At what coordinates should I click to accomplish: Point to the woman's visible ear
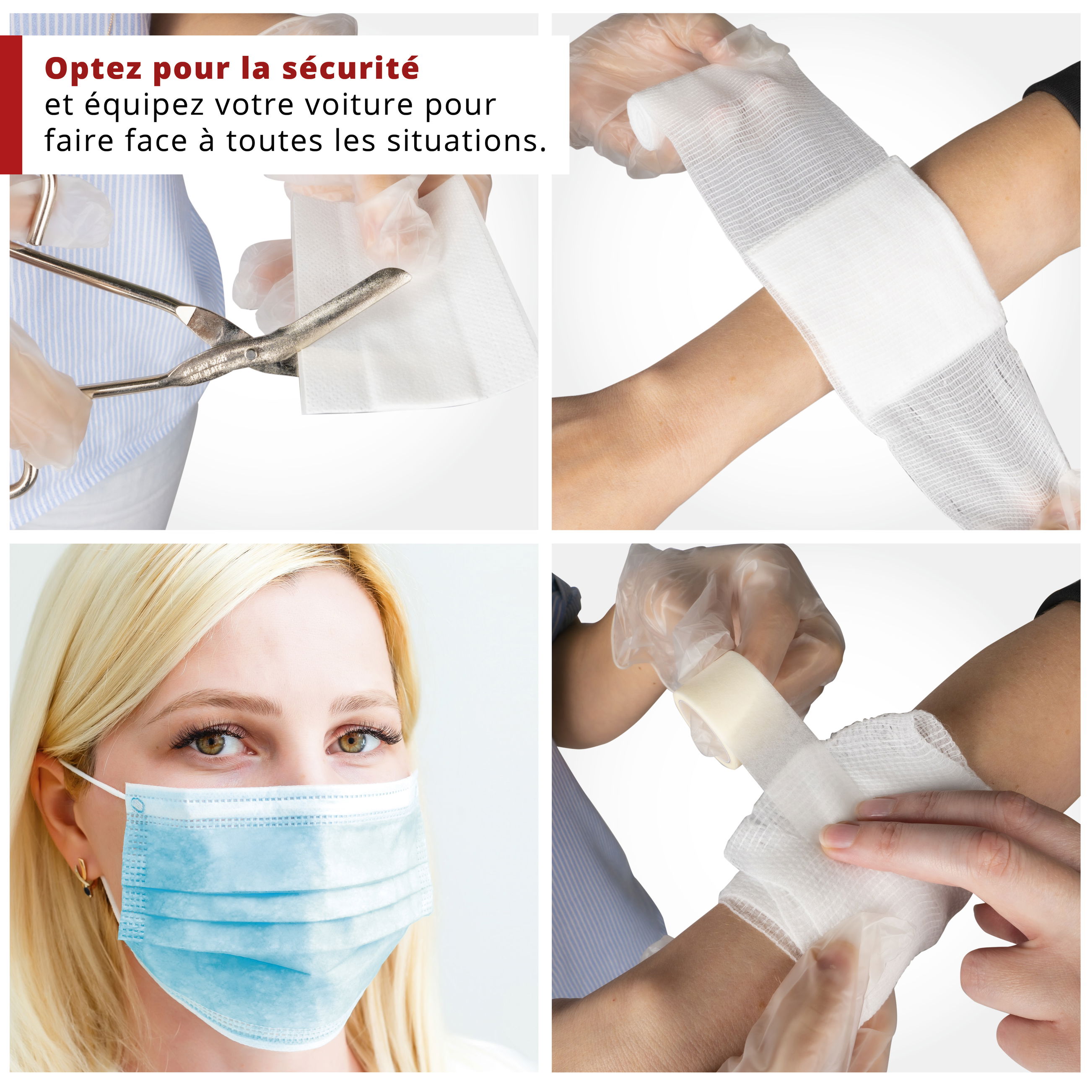(x=59, y=812)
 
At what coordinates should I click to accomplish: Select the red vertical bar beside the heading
(x=11, y=105)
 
